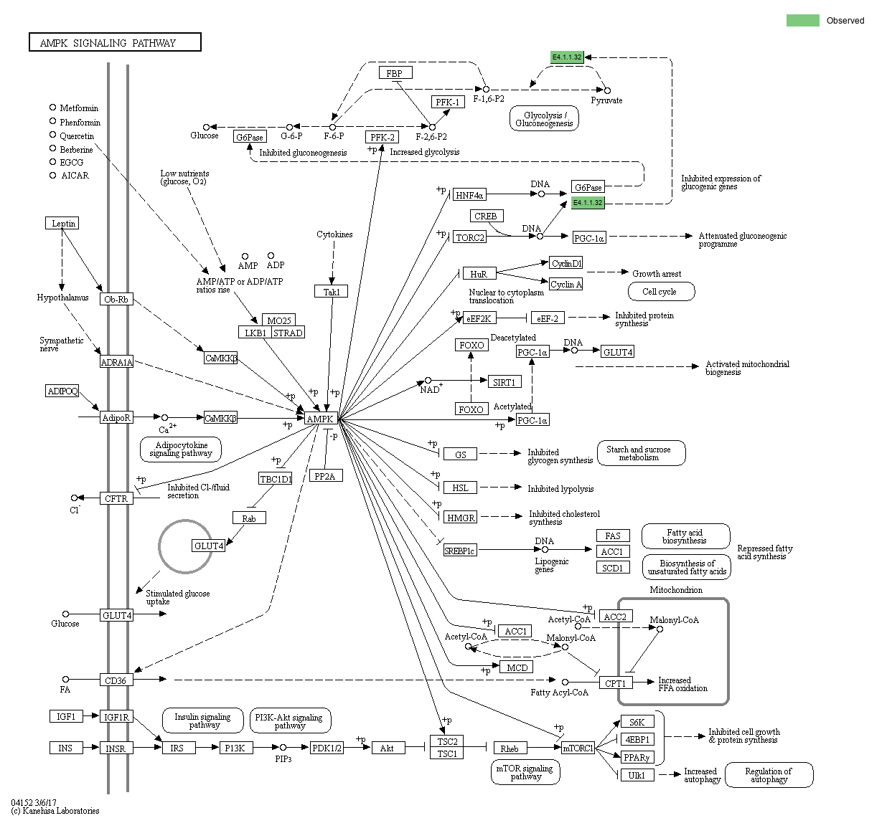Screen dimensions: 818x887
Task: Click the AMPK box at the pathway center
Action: [x=320, y=419]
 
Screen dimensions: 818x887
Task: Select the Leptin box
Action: [x=62, y=224]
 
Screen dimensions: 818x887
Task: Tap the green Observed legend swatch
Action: [x=802, y=21]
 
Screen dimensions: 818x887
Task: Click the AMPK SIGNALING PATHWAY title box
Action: [x=115, y=43]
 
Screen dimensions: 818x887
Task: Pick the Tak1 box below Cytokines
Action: [x=331, y=292]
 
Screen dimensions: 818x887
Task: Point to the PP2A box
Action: [x=326, y=476]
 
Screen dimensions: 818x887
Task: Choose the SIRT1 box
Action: [x=504, y=382]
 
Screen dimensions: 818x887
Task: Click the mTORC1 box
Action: [x=578, y=748]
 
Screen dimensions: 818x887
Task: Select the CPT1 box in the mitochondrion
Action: [x=615, y=683]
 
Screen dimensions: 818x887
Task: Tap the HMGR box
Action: [x=461, y=518]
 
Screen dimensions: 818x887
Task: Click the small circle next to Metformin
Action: [x=52, y=108]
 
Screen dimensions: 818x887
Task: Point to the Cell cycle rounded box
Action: [x=660, y=292]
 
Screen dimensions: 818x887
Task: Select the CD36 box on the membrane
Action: [x=116, y=680]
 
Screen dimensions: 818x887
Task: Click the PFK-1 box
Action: [x=448, y=102]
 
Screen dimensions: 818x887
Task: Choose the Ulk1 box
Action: [x=637, y=776]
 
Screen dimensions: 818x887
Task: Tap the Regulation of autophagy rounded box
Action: [x=769, y=775]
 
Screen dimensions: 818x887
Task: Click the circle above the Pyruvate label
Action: [x=607, y=90]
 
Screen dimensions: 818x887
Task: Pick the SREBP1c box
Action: [x=459, y=551]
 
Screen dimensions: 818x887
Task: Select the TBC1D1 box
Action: [x=276, y=479]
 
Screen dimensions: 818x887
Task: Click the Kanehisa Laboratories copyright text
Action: [x=55, y=811]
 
